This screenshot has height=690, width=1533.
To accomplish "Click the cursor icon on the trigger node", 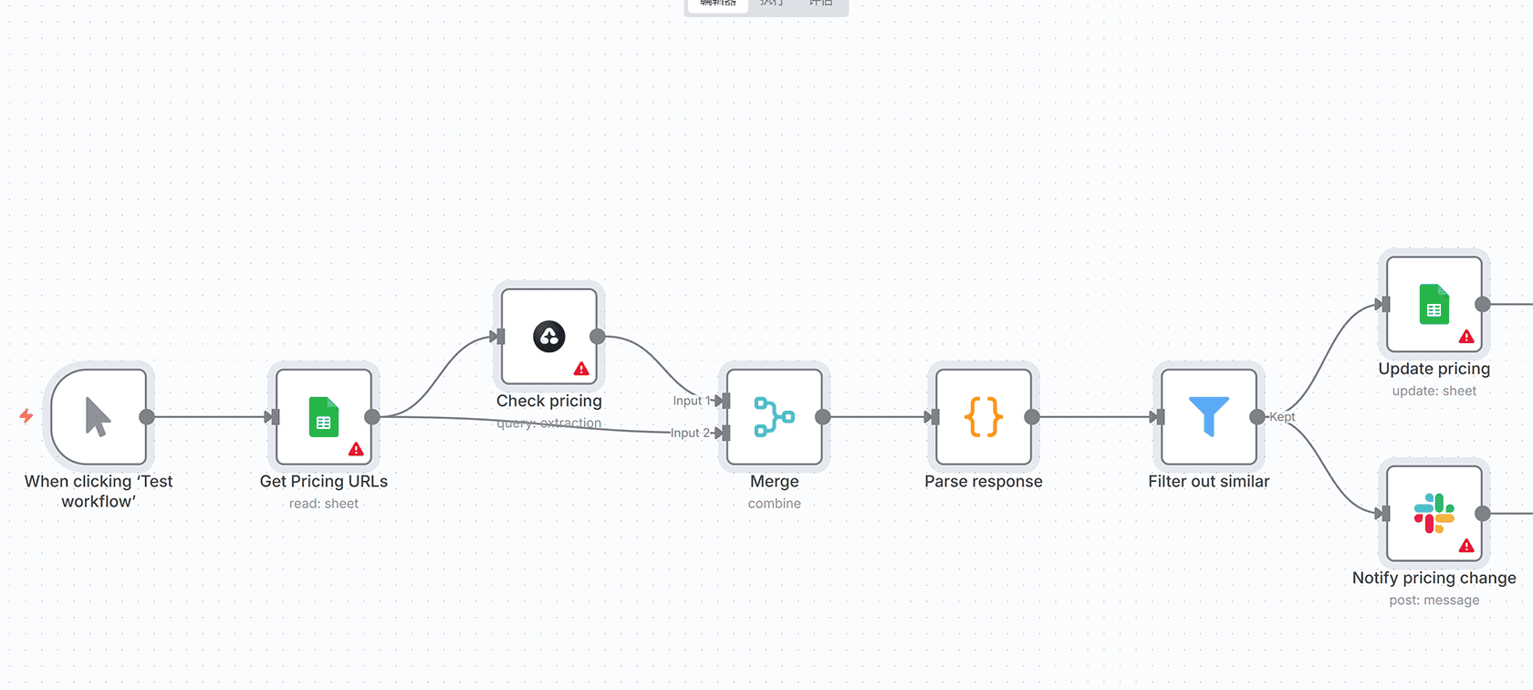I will click(98, 417).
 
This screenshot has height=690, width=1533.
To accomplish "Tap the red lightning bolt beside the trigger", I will click(26, 416).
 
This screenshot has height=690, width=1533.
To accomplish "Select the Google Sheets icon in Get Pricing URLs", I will click(324, 417).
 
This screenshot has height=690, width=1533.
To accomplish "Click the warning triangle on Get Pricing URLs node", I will click(356, 449).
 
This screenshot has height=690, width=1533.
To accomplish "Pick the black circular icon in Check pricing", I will click(549, 337).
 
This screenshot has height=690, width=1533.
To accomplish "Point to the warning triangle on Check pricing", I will click(581, 369).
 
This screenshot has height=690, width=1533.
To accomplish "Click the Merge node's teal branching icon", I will click(774, 417).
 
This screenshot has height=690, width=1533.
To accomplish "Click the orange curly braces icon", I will click(984, 417).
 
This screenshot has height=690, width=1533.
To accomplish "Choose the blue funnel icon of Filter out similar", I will click(1209, 416).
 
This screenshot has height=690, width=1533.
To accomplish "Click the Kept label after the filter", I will click(1282, 417).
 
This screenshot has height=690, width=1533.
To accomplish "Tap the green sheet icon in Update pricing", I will click(1434, 304).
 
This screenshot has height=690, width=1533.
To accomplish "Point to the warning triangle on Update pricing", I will click(1466, 337).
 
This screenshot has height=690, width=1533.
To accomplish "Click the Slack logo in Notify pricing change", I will click(1434, 513).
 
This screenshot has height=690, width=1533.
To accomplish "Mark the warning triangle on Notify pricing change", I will click(1466, 546).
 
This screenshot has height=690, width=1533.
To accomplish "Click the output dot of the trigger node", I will click(147, 417).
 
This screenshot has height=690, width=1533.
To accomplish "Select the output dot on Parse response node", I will click(1032, 417).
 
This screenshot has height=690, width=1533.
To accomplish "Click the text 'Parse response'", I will click(983, 481).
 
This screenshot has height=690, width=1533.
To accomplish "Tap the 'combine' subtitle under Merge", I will click(774, 504).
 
